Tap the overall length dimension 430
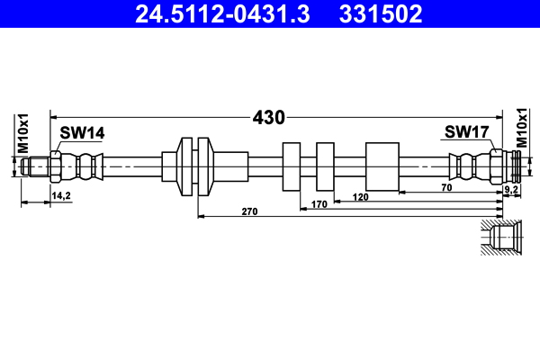click(x=268, y=117)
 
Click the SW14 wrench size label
click(x=82, y=133)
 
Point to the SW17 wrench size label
click(x=466, y=133)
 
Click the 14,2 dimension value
click(x=61, y=194)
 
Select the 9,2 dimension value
click(x=511, y=190)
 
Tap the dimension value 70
click(x=446, y=187)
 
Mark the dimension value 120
click(x=361, y=196)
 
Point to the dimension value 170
click(x=318, y=205)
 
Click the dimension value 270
click(x=250, y=212)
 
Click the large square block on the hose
click(x=382, y=166)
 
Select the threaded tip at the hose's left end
click(x=36, y=166)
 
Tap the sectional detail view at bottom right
click(x=500, y=238)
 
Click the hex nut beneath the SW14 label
click(x=56, y=166)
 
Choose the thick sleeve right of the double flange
click(x=232, y=166)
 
